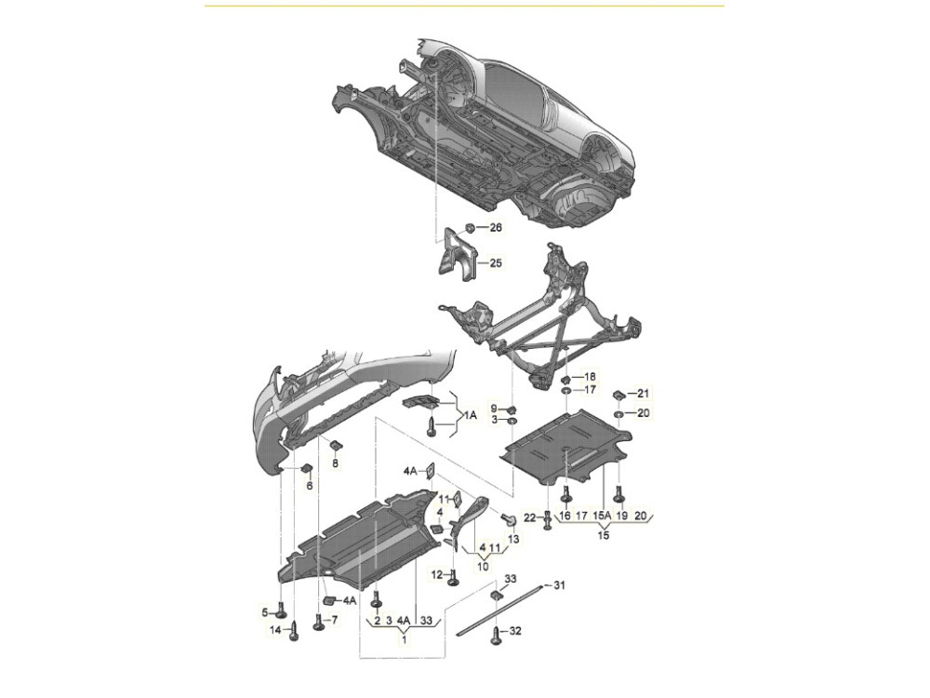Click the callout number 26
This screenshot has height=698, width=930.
tap(496, 227)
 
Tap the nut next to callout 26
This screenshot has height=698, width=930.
tap(469, 227)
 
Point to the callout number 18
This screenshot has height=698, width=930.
tap(590, 376)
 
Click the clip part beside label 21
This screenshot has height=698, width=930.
tap(618, 394)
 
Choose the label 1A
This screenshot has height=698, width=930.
tap(470, 415)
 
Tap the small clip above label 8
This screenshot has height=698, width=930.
tap(335, 444)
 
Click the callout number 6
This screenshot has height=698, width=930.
tap(309, 486)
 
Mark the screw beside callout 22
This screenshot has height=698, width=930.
tap(548, 520)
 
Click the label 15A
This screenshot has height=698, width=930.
tap(602, 516)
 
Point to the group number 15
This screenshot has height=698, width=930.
tap(604, 535)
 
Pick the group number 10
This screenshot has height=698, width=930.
tap(483, 566)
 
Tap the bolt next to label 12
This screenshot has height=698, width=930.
tap(453, 576)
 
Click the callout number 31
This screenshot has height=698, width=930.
tap(559, 585)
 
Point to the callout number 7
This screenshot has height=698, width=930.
tap(334, 620)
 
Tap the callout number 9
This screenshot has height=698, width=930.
tap(494, 408)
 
